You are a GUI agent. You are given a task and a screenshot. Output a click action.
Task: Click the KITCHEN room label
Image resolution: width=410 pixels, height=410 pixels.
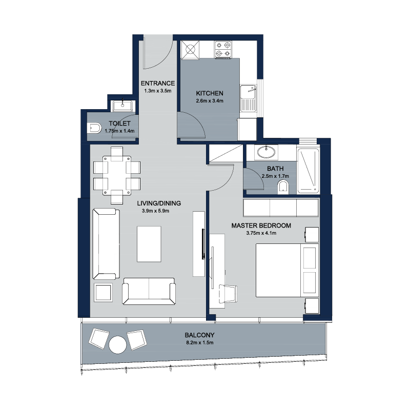tap(210, 93)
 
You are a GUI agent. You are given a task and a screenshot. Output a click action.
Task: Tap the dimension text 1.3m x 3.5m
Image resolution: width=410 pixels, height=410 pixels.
tap(158, 91)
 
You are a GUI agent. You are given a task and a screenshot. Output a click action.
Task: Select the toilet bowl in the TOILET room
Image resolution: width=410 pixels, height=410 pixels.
tap(94, 128)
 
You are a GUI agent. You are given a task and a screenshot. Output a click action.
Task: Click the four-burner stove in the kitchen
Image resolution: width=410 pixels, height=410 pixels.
tap(223, 50)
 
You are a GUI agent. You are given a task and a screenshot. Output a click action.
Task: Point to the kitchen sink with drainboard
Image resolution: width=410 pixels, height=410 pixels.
tap(248, 98)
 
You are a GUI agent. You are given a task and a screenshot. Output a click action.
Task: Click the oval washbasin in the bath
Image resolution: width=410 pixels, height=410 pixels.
tap(266, 152)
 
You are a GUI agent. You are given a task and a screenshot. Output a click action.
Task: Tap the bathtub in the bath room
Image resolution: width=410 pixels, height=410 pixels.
tap(309, 171)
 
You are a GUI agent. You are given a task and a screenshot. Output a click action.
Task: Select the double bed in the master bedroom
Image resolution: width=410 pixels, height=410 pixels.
tap(287, 271)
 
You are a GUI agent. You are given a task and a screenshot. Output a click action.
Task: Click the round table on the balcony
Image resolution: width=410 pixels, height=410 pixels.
tap(118, 344)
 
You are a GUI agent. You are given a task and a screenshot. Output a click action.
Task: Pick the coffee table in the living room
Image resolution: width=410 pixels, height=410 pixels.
tap(149, 244)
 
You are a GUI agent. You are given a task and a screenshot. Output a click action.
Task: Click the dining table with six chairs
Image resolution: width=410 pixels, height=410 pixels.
tap(117, 175)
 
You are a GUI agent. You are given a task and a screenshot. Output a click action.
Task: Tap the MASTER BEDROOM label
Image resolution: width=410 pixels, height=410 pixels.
tap(261, 225)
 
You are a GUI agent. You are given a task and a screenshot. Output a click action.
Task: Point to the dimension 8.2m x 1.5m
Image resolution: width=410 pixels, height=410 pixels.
tap(200, 343)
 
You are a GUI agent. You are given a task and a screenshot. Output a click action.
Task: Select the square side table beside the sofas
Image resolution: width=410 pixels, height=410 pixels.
tap(104, 293)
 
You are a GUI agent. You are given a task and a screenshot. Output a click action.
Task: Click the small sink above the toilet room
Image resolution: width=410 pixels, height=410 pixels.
tap(122, 106)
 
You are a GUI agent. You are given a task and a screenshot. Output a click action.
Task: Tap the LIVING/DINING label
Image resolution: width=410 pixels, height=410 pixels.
tap(159, 203)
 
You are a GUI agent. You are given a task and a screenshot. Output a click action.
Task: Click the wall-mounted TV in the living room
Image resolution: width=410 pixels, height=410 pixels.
tap(203, 244)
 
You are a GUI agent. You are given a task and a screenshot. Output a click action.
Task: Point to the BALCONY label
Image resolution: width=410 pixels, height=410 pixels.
tap(199, 335)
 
